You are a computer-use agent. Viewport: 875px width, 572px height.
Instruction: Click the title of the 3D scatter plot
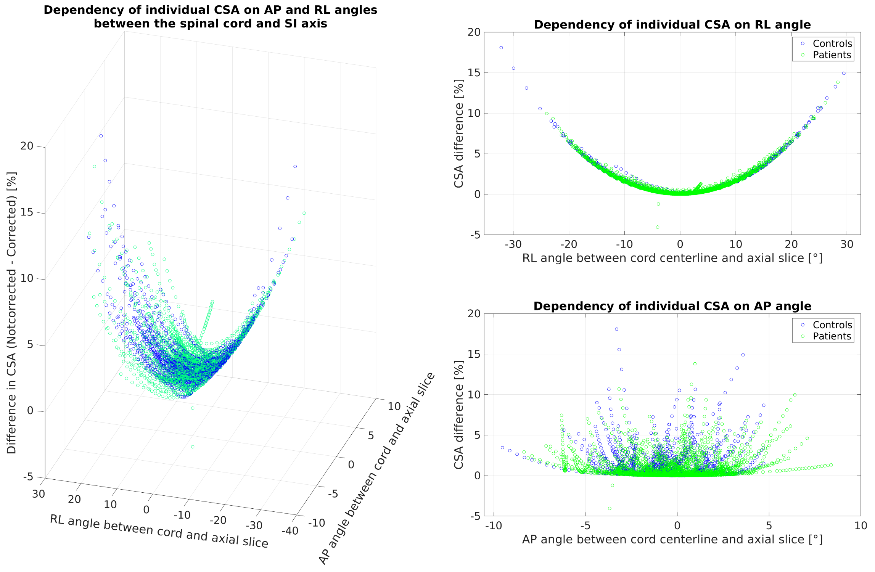[210, 17]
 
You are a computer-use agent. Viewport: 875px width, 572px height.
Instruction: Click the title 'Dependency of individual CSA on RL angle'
[672, 25]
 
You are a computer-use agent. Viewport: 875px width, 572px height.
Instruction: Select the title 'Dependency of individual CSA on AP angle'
[672, 306]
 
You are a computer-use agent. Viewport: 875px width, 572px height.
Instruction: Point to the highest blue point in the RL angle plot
[501, 48]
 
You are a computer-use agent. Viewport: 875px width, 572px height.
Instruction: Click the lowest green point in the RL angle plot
[658, 227]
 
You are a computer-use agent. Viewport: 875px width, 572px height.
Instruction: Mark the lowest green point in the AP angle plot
[610, 508]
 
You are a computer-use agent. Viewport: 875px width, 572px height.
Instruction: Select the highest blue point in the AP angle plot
[616, 329]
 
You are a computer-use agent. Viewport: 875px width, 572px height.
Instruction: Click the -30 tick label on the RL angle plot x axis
[513, 244]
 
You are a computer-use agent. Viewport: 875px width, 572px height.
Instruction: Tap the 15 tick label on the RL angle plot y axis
[474, 73]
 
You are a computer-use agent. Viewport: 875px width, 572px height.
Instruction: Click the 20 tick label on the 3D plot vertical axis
[27, 146]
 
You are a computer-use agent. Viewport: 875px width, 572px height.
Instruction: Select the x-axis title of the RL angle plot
[672, 259]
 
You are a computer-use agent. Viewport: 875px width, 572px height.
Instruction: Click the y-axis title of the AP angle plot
[459, 415]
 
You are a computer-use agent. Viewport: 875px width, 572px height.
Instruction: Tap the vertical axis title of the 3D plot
[12, 313]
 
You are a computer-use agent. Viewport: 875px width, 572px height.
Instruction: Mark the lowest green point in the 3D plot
[193, 447]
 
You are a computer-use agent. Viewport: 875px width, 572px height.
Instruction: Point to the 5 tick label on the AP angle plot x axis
[769, 526]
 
